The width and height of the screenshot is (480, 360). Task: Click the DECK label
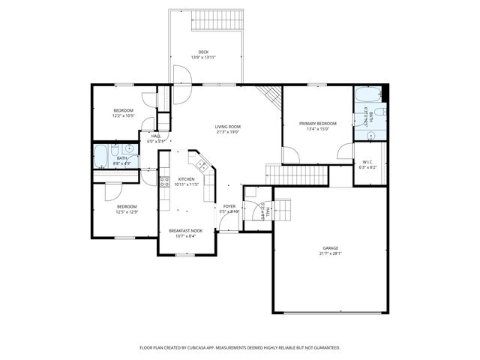(x=204, y=52)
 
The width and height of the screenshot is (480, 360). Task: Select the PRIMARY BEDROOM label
(x=317, y=123)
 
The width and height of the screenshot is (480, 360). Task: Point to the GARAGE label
(x=331, y=248)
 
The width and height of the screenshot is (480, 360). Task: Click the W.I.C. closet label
(x=367, y=161)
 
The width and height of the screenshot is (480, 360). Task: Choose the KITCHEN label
(x=186, y=178)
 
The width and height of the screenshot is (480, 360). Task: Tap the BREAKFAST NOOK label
(x=185, y=230)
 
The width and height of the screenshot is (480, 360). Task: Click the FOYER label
(x=229, y=206)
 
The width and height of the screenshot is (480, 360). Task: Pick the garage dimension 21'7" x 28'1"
(x=331, y=253)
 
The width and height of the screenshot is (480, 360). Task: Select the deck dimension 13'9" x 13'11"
(x=204, y=58)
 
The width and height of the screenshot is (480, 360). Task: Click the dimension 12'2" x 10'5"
(x=123, y=116)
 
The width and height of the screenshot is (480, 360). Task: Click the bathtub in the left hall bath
(x=100, y=157)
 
